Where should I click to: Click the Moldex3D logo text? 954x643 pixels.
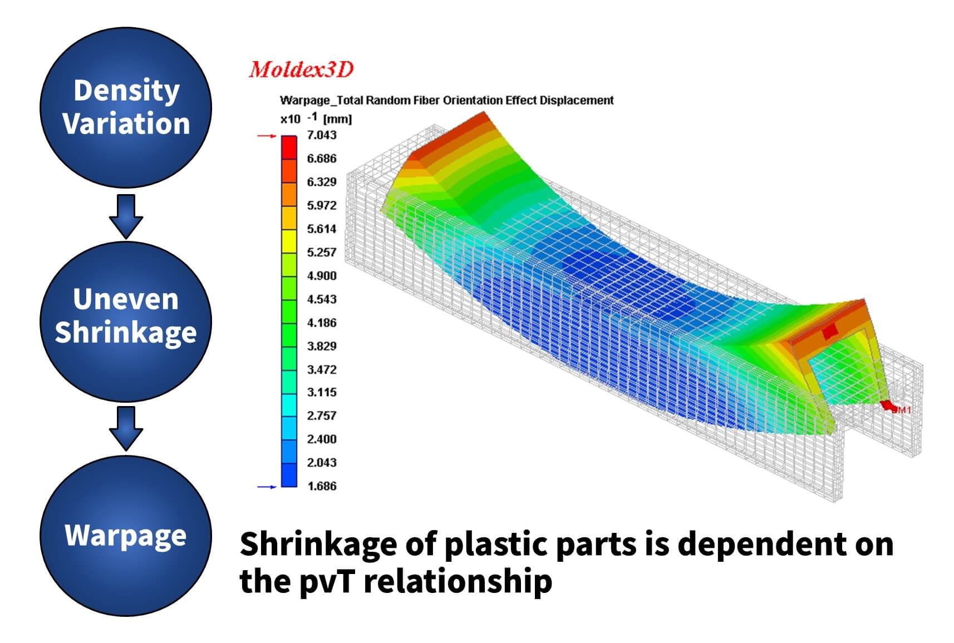point(301,70)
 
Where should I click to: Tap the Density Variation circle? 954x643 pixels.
point(126,107)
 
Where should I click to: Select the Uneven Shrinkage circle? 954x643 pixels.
point(126,321)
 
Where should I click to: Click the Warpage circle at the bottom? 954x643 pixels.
point(126,535)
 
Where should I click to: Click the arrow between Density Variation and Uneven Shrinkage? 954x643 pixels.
point(126,216)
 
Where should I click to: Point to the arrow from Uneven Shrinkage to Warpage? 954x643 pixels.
point(126,428)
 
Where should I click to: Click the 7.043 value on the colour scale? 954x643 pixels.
point(322,135)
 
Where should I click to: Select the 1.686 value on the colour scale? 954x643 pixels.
point(322,486)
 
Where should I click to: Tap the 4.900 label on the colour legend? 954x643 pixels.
point(322,276)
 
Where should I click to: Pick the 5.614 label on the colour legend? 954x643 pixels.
point(322,229)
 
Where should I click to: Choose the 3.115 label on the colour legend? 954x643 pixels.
point(322,392)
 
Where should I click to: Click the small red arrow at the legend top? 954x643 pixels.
point(267,136)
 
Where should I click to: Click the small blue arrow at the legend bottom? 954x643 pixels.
point(267,487)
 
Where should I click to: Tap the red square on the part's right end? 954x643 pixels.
point(830,332)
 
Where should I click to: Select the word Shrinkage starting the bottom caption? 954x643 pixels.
point(318,545)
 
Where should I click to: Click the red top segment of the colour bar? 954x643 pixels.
point(289,147)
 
